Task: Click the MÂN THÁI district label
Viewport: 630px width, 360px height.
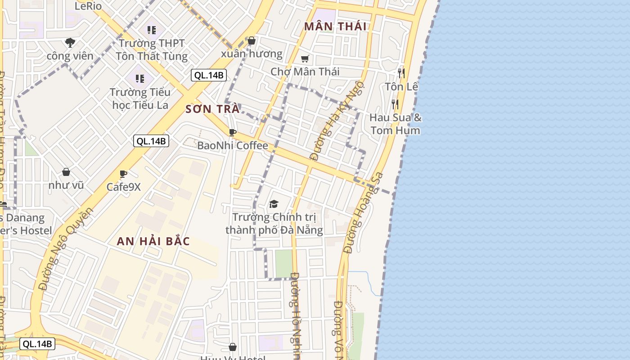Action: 335,26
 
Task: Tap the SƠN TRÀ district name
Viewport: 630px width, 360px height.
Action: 212,109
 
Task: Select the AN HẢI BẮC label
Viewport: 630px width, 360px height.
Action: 153,241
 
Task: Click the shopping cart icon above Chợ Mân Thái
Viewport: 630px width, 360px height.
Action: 305,59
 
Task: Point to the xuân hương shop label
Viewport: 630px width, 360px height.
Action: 252,54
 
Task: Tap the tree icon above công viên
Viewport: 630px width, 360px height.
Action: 70,43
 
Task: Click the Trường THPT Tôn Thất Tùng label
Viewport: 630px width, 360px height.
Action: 151,49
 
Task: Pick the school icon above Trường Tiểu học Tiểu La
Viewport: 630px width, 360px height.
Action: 140,79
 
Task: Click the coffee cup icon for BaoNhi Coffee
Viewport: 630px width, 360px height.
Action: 233,132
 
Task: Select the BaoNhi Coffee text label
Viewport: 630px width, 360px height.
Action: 232,145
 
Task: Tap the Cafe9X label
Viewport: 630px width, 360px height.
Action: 123,186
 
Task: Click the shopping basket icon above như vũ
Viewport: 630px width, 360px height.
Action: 66,172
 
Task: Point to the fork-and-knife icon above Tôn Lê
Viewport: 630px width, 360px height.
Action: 401,73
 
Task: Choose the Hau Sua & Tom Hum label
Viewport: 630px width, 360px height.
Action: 396,124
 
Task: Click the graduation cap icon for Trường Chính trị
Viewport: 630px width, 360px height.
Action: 274,204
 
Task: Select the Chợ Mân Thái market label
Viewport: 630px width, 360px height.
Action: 305,72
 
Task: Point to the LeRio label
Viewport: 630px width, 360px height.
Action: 88,6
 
